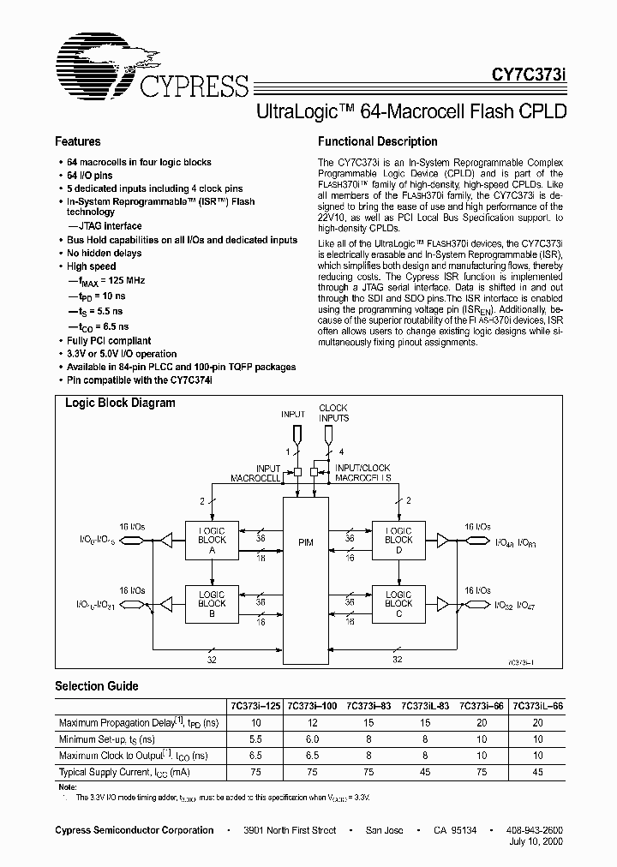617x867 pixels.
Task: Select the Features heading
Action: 78,141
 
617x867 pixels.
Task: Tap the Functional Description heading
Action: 377,141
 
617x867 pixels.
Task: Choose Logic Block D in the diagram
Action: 398,541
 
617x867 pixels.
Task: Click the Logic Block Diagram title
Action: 121,403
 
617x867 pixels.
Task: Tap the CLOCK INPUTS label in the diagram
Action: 333,413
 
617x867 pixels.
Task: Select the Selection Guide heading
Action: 97,686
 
